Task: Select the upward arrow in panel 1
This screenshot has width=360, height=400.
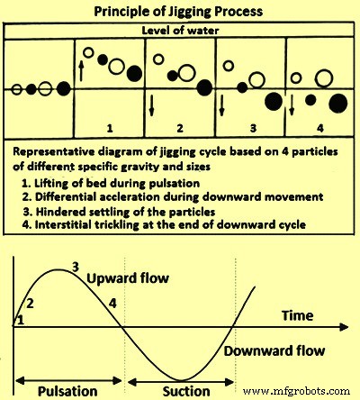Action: pyautogui.click(x=81, y=68)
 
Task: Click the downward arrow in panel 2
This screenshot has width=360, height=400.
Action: pyautogui.click(x=151, y=105)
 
